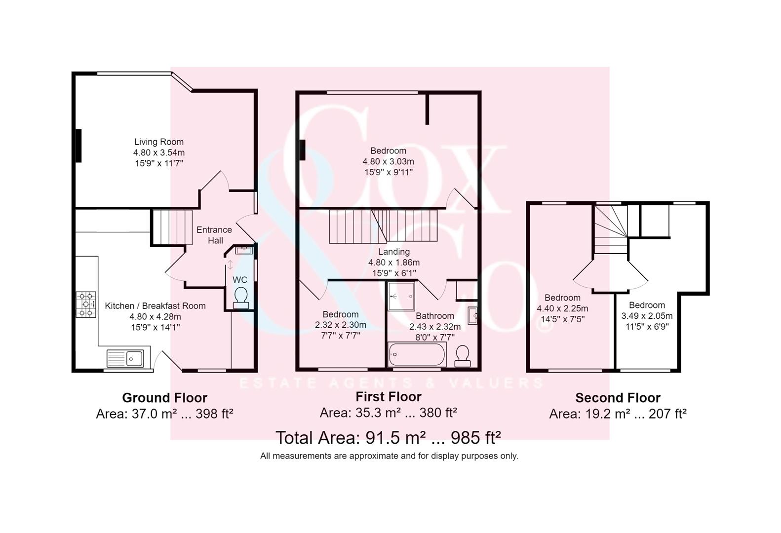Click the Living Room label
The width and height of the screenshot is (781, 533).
tap(158, 142)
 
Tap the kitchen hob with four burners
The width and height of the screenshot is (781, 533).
tap(86, 305)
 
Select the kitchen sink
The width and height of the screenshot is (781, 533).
tap(125, 358)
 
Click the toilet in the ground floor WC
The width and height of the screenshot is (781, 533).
tap(241, 298)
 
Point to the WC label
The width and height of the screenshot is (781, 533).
tap(240, 279)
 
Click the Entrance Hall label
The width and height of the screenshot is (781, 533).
tap(214, 235)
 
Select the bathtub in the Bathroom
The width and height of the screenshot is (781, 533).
tap(417, 354)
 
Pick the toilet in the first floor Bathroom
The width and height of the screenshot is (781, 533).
tap(463, 356)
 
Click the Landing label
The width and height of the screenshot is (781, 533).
tap(394, 251)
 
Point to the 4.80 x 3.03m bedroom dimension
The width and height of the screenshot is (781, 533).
tap(389, 161)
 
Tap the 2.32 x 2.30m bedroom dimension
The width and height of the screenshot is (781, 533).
tap(341, 325)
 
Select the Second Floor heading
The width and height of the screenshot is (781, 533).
tap(618, 398)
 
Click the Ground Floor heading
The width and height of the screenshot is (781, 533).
tap(164, 398)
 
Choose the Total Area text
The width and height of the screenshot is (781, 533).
tap(388, 437)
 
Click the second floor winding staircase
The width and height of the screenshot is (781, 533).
tap(611, 229)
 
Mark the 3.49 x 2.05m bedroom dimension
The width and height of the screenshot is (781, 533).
tap(647, 316)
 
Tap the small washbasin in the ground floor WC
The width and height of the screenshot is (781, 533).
tap(244, 250)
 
